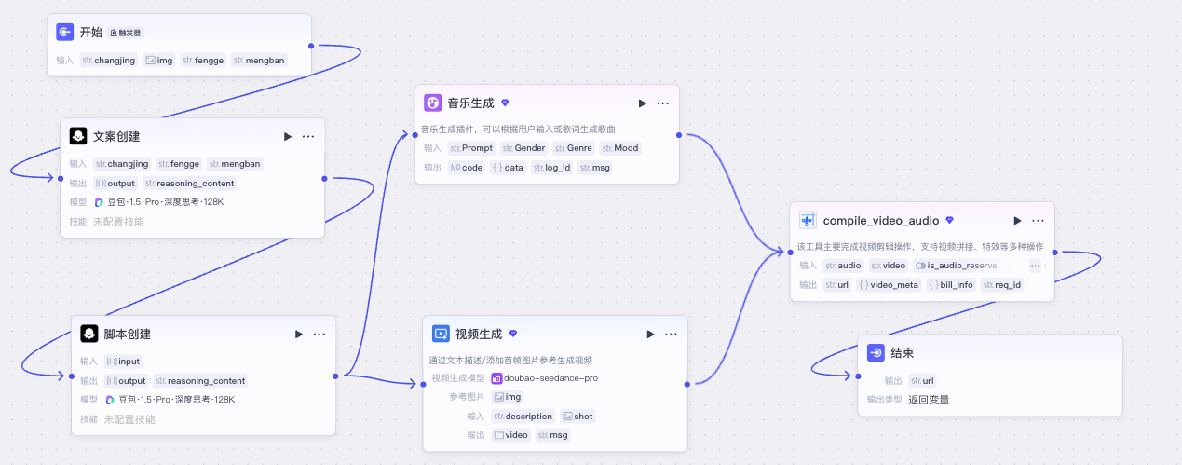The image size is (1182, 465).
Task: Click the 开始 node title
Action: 91,33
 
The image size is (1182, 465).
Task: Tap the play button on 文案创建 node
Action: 288,136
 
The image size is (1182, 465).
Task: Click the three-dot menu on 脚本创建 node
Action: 319,334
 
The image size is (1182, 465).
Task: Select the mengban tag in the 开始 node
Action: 259,60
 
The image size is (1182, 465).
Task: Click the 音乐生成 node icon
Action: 432,103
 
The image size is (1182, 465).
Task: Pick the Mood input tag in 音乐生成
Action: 620,148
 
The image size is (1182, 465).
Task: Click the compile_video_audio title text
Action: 881,221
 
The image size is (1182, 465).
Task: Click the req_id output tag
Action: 1002,285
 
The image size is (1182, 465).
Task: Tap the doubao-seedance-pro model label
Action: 544,378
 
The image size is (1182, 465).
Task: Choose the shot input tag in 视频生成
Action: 577,416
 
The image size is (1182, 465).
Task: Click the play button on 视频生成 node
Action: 650,334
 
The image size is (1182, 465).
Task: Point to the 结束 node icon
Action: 876,353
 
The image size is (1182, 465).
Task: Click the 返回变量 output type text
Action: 929,400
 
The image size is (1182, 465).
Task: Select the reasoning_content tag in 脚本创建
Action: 200,381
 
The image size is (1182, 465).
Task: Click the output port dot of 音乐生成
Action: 679,135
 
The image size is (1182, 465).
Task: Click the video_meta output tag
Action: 889,285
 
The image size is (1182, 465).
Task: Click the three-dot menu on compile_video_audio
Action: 1038,221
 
